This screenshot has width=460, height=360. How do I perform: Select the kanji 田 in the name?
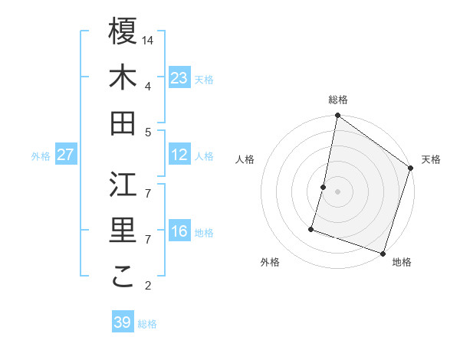123,123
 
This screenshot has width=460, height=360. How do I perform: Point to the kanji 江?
123,184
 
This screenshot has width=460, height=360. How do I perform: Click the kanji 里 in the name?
123,231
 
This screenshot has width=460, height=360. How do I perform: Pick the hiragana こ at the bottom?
123,277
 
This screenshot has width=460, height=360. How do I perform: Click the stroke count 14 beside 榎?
149,40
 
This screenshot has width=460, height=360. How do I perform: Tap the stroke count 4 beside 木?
148,86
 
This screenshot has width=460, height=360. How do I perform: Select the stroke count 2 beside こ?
148,286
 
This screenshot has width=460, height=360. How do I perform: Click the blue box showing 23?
179,78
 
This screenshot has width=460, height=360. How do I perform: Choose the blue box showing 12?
179,155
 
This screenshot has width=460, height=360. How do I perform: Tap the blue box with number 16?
179,232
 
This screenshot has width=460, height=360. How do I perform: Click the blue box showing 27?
66,155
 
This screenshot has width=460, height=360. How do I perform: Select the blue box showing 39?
123,322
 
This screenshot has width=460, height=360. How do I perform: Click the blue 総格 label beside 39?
147,324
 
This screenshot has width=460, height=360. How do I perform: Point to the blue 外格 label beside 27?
41,156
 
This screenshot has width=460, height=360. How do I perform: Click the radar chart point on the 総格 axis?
337,116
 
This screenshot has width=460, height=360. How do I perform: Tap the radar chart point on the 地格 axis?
383,253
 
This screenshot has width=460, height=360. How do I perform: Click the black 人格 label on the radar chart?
245,159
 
